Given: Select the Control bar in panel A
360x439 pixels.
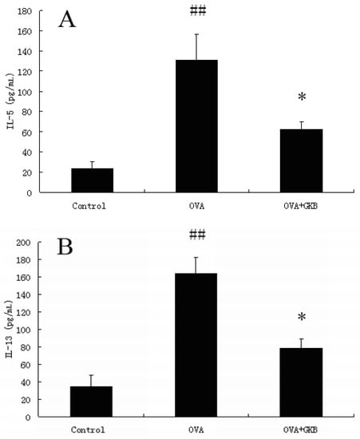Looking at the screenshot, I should coord(92,180).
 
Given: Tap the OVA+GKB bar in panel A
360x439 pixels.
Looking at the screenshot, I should coord(301,160).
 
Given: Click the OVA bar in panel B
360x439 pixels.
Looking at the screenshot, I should coord(196,345).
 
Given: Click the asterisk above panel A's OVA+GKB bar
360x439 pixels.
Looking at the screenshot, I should coord(302,97).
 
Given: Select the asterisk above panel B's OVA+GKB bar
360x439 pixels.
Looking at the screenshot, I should coord(302,317).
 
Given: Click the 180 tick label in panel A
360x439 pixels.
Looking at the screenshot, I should coord(26,11).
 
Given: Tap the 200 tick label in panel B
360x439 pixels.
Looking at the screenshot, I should coord(26,243).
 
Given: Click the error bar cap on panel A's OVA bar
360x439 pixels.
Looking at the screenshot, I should coord(196,34).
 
